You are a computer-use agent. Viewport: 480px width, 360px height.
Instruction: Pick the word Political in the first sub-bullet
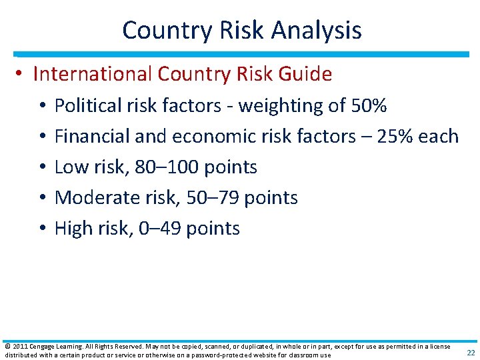tap(85, 105)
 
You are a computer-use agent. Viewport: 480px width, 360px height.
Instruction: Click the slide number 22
tap(471, 353)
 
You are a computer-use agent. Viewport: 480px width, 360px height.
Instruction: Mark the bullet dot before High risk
tap(41, 228)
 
